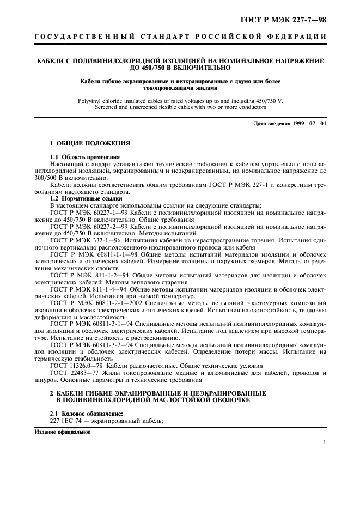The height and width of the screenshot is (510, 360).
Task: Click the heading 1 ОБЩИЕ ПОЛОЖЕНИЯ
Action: click(x=90, y=143)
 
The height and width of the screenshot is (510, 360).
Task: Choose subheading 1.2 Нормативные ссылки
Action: click(x=82, y=199)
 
